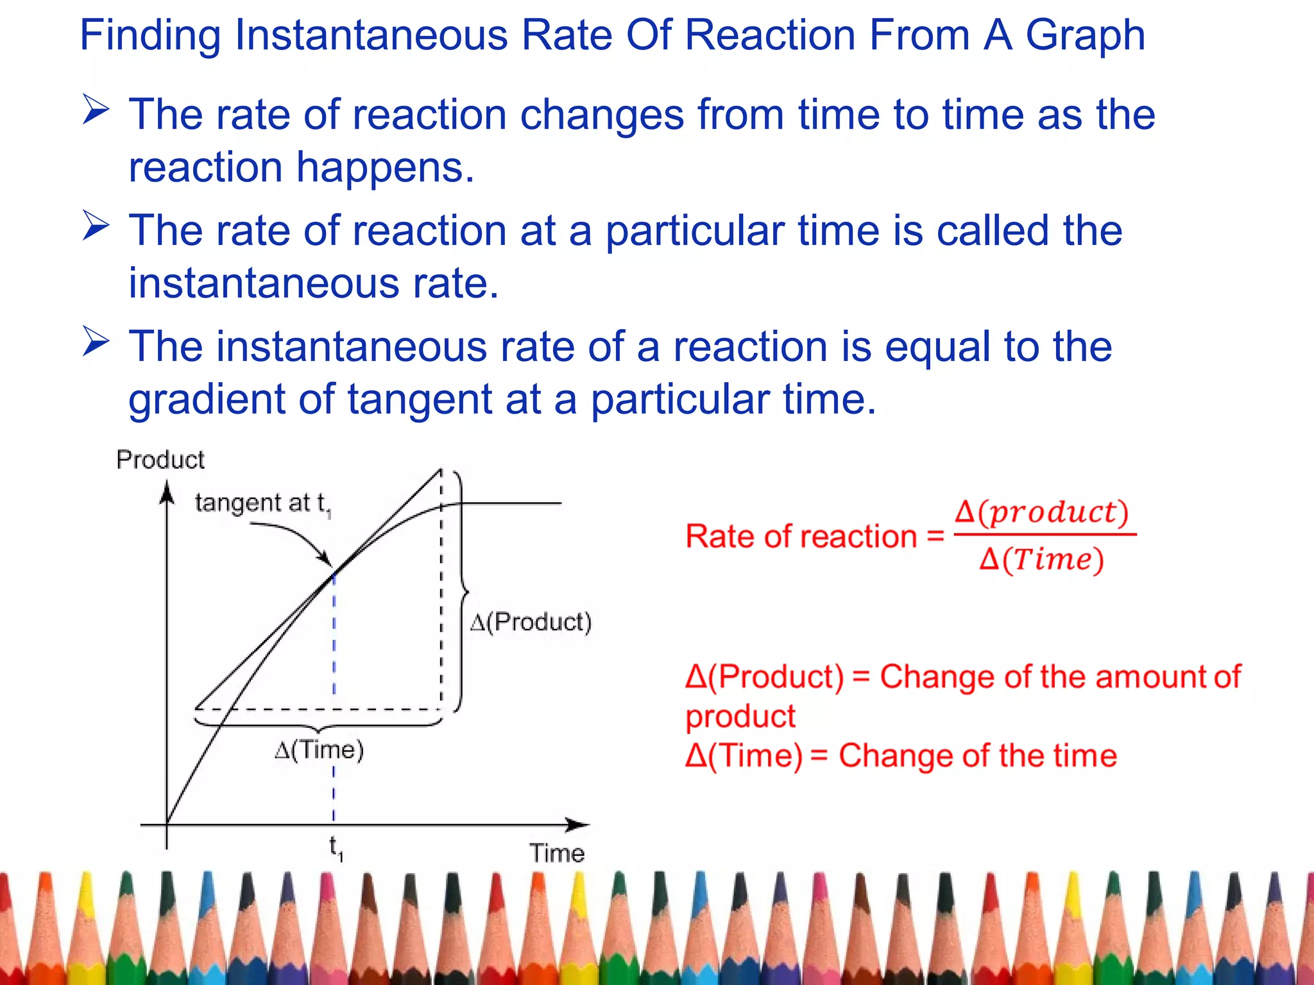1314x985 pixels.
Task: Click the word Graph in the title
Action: pos(1085,36)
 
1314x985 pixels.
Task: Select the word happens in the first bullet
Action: pos(385,168)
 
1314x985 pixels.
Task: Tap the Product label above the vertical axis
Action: pos(160,460)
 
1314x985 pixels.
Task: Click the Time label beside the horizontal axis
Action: pos(557,854)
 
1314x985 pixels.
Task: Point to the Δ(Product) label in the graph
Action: pos(531,622)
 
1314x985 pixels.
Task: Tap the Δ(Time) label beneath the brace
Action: pos(320,750)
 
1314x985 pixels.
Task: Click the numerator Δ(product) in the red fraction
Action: pos(1041,512)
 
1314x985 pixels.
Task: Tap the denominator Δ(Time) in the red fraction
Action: pos(1041,560)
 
